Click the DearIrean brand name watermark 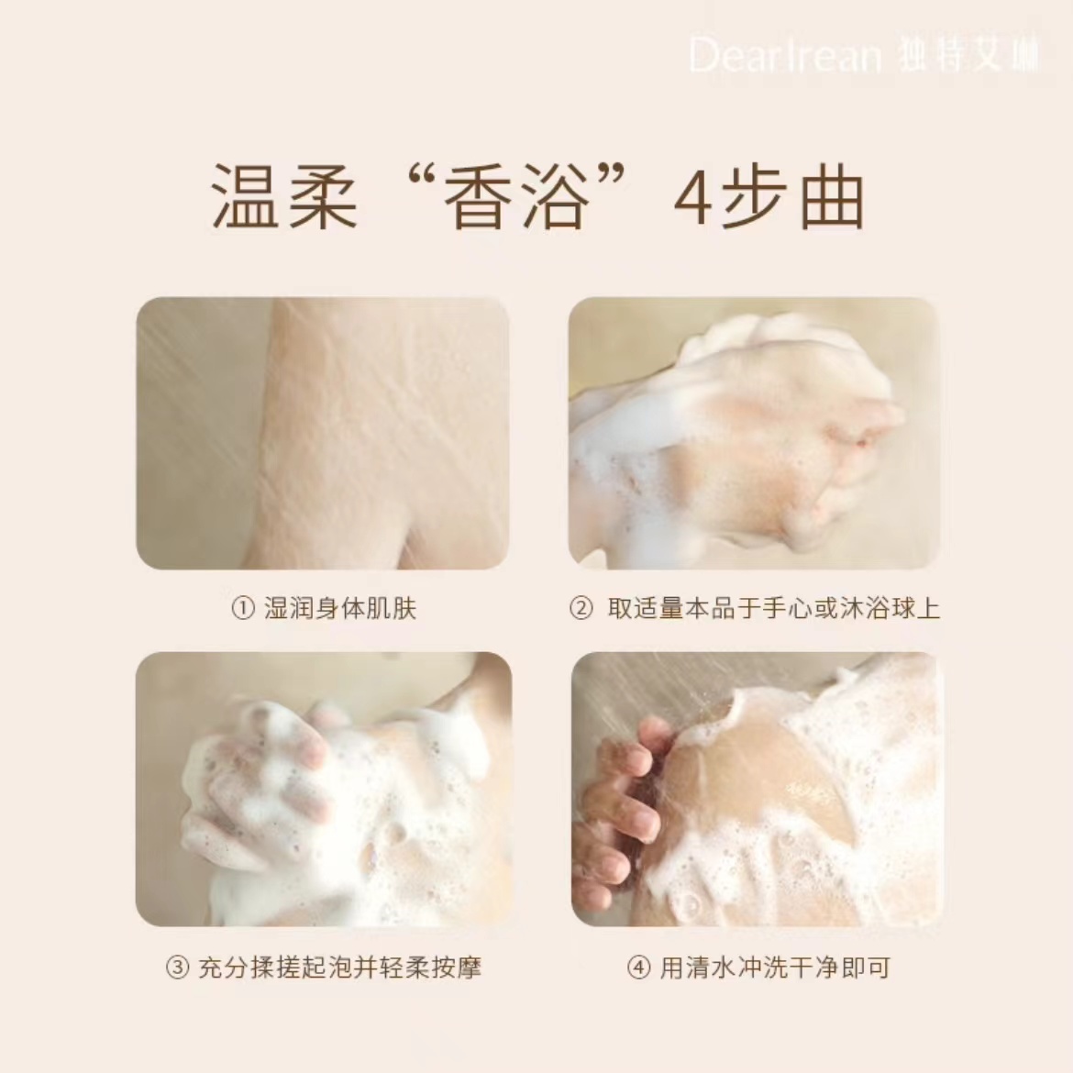click(x=784, y=57)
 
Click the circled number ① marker click(x=242, y=609)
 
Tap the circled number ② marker click(x=581, y=609)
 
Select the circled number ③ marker click(x=177, y=968)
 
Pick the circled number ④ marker click(x=639, y=968)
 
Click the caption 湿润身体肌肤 click(x=340, y=609)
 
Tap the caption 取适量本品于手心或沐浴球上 click(x=773, y=609)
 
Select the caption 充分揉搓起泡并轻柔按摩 click(x=339, y=968)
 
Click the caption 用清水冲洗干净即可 click(x=775, y=968)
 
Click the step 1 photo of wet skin click(x=322, y=432)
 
